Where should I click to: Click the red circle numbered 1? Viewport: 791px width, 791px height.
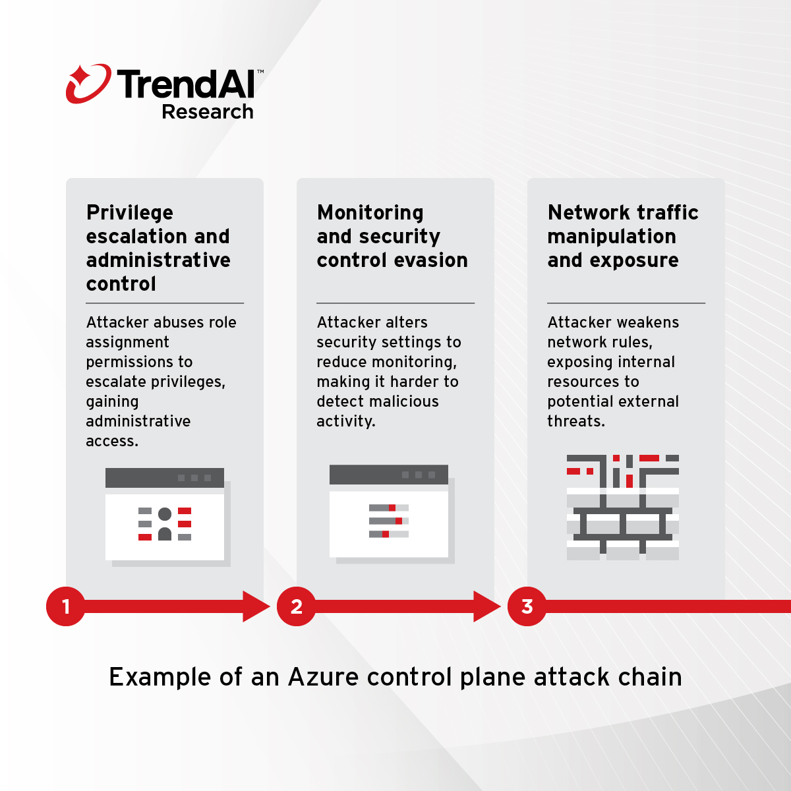click(66, 606)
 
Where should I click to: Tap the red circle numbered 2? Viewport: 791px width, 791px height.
click(297, 606)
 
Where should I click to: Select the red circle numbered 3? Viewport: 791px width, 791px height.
click(527, 606)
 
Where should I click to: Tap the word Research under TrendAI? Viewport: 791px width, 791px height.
click(208, 112)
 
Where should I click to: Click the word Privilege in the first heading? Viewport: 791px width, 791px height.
click(130, 213)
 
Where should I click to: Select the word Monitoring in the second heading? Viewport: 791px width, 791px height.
click(370, 213)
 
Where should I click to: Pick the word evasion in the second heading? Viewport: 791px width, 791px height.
click(429, 260)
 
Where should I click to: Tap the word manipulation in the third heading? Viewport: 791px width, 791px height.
click(612, 237)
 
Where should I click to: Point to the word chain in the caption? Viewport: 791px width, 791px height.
click(650, 677)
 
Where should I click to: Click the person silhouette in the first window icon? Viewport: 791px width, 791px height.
click(165, 524)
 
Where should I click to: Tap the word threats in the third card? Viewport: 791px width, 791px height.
click(575, 421)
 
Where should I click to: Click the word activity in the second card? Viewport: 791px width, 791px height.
click(345, 421)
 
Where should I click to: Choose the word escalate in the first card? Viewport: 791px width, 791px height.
click(116, 382)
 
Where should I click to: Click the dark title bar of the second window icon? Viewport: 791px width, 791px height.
click(389, 475)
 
